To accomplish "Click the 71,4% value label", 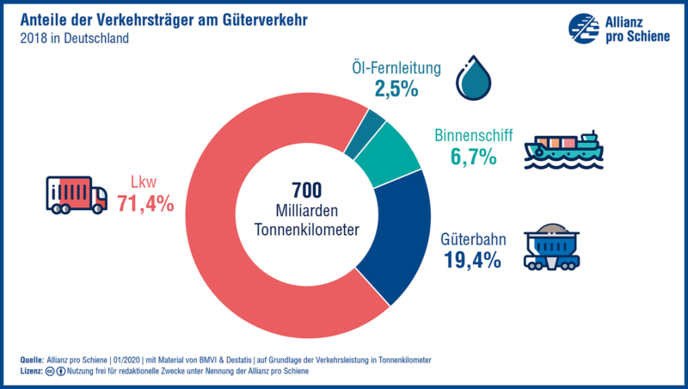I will tap(146, 204).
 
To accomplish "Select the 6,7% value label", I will tap(473, 157).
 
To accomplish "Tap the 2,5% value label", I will tap(396, 87).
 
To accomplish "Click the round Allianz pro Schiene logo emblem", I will tap(583, 28).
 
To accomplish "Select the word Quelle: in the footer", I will tap(32, 359).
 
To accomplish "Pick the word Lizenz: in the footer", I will tap(32, 371).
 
